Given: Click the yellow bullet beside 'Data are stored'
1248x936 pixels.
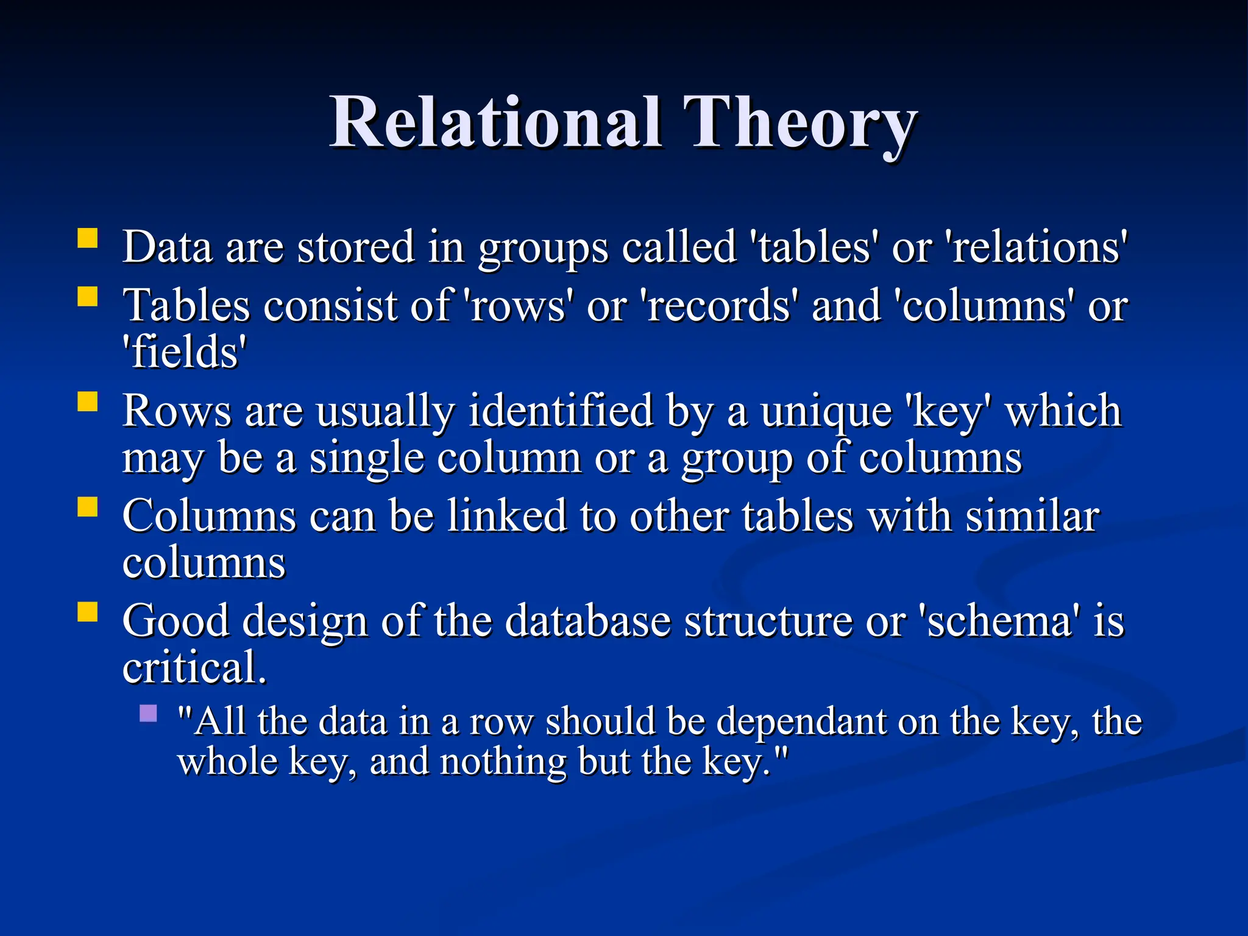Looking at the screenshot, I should click(x=88, y=238).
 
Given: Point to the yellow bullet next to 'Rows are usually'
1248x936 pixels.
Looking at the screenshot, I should click(x=88, y=402).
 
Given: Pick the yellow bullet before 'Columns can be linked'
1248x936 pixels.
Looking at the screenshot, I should click(x=88, y=507).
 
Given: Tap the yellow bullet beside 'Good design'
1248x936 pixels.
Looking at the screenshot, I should click(x=88, y=612).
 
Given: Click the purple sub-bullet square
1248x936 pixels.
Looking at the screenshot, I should click(x=148, y=714).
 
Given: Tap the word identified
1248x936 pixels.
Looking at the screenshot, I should click(x=561, y=411).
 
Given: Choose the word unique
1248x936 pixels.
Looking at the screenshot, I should click(x=826, y=412).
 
